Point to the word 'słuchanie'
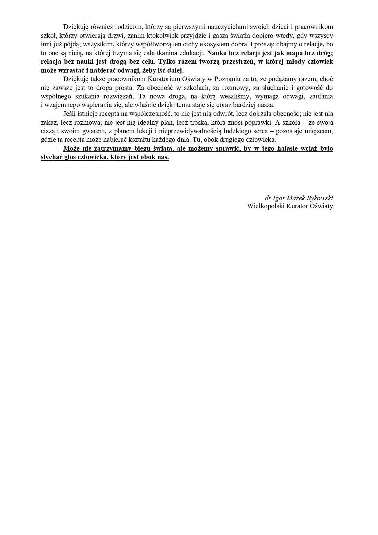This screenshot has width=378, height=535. [x=268, y=88]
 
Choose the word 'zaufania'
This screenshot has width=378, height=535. [x=321, y=96]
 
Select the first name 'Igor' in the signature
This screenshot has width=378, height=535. [x=279, y=198]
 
